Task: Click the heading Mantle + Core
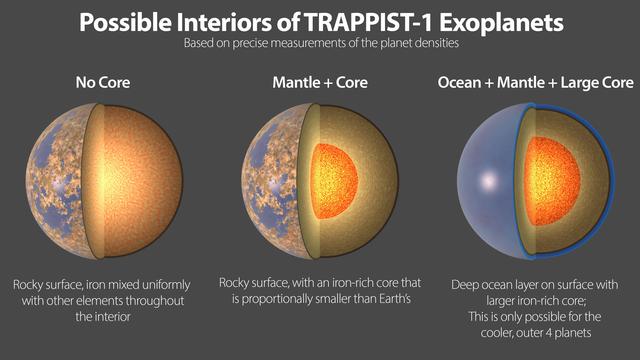319,85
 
